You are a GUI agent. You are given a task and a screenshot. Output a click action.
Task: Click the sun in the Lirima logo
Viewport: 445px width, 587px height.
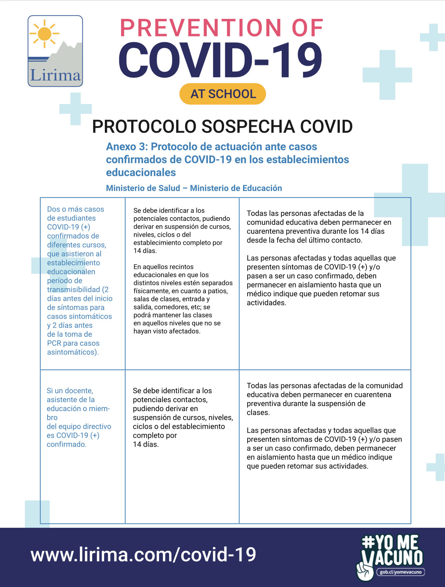click(x=45, y=34)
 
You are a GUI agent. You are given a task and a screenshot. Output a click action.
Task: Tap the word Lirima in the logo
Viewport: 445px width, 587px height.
click(x=55, y=75)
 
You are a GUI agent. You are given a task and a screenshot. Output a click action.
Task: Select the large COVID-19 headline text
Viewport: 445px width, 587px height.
click(x=221, y=60)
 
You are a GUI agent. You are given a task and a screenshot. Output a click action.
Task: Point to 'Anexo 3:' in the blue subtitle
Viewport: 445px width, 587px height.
click(x=127, y=147)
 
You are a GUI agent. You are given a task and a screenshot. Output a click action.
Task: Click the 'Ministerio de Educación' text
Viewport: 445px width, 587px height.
click(x=236, y=188)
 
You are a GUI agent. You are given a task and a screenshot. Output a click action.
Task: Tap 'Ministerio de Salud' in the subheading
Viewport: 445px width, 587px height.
click(x=143, y=188)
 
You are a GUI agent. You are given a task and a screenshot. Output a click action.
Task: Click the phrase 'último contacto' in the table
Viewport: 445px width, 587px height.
click(x=337, y=240)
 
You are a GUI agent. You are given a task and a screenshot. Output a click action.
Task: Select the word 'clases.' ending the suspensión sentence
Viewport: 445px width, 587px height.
click(x=258, y=413)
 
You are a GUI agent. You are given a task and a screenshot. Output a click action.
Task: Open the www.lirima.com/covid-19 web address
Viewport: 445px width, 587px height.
click(x=143, y=555)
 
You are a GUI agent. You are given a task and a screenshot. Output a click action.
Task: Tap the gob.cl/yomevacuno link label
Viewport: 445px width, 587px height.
click(x=400, y=572)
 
